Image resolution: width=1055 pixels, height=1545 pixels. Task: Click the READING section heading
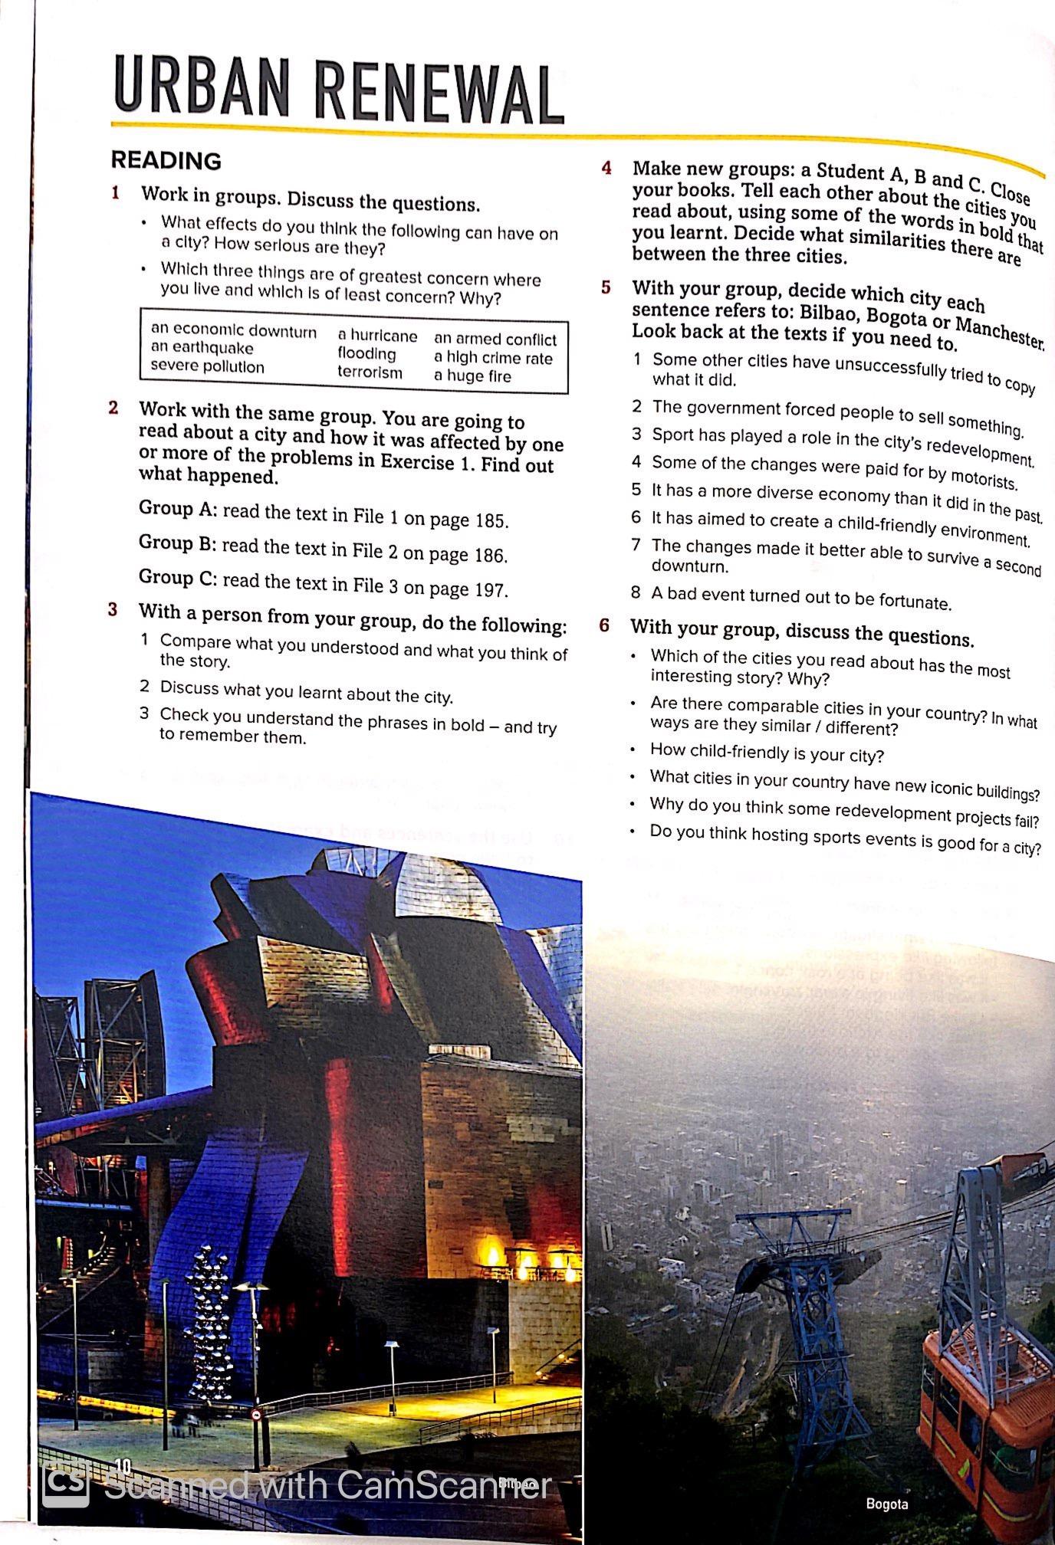click(x=166, y=160)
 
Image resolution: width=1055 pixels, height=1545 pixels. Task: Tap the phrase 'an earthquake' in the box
click(x=202, y=348)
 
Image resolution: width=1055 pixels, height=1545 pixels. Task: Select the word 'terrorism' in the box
click(x=370, y=372)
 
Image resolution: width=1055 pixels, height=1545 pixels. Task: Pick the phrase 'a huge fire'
click(x=472, y=376)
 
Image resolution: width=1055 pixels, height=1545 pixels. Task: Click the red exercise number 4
click(x=606, y=167)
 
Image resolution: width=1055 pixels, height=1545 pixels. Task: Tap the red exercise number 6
click(x=605, y=625)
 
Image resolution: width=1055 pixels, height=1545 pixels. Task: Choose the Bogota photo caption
click(x=886, y=1504)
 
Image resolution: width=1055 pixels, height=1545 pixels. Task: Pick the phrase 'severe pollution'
click(x=207, y=366)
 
